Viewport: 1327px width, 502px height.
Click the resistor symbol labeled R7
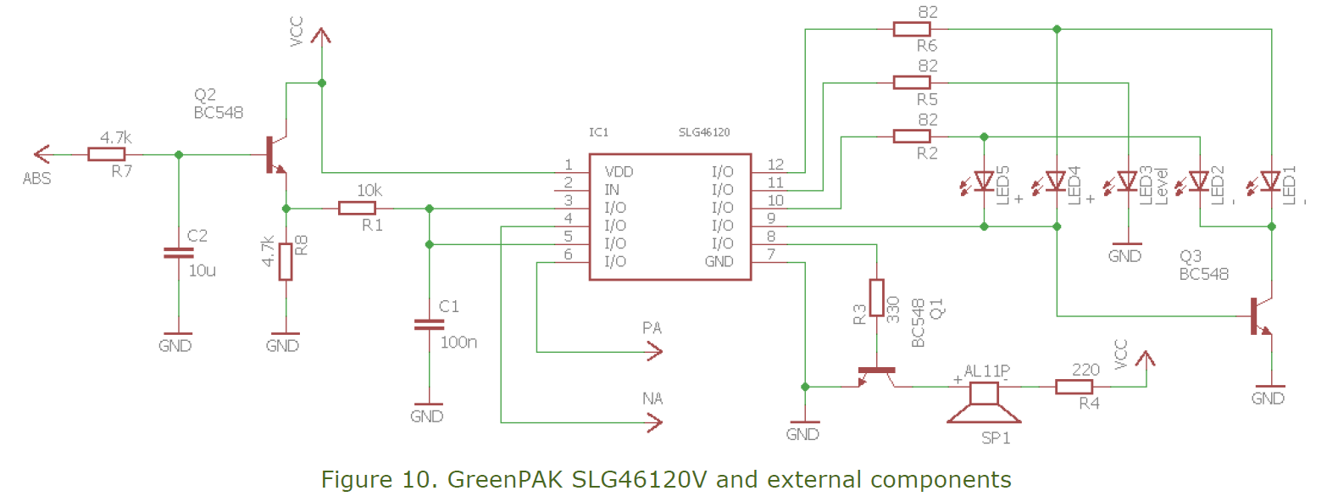pyautogui.click(x=106, y=154)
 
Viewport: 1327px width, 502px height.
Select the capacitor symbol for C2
pyautogui.click(x=179, y=252)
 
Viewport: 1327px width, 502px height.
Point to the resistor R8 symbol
pyautogui.click(x=286, y=261)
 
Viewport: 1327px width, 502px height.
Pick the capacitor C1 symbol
pyautogui.click(x=429, y=324)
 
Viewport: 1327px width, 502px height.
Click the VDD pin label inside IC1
pyautogui.click(x=619, y=171)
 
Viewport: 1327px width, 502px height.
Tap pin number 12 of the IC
pyautogui.click(x=775, y=164)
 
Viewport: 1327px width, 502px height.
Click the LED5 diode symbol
pyautogui.click(x=984, y=181)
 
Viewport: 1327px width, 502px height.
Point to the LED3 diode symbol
pyautogui.click(x=1127, y=181)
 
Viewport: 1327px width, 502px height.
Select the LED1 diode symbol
pyautogui.click(x=1270, y=181)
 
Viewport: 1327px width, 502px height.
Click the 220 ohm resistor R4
pyautogui.click(x=1074, y=388)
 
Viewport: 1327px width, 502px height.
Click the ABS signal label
pyautogui.click(x=36, y=179)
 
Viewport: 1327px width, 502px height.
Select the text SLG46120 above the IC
pyautogui.click(x=704, y=132)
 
